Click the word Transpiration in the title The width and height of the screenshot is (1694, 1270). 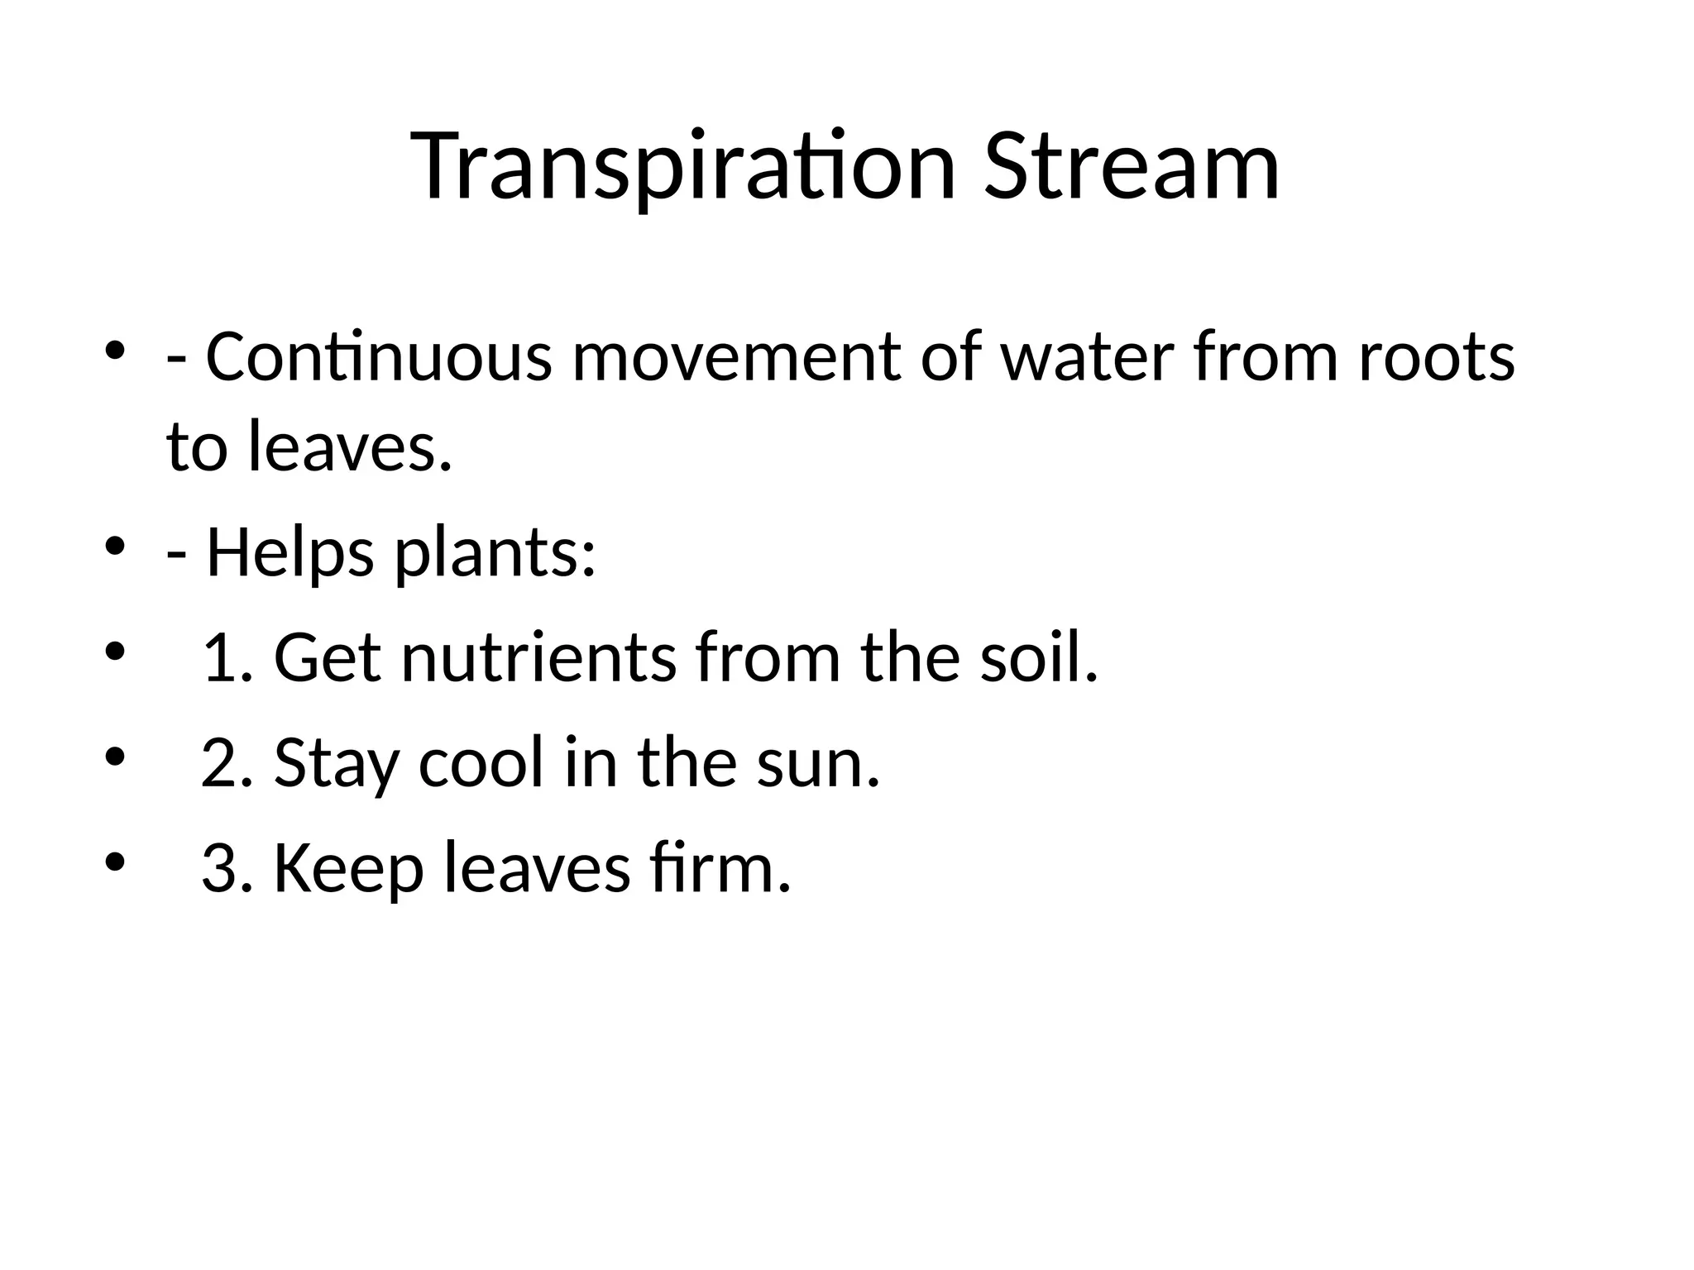683,167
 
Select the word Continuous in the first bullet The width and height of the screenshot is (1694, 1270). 379,357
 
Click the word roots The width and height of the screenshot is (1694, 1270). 1436,357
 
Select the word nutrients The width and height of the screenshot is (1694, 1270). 538,657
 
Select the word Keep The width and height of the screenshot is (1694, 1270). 348,867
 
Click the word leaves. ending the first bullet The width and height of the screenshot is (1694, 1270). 351,447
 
